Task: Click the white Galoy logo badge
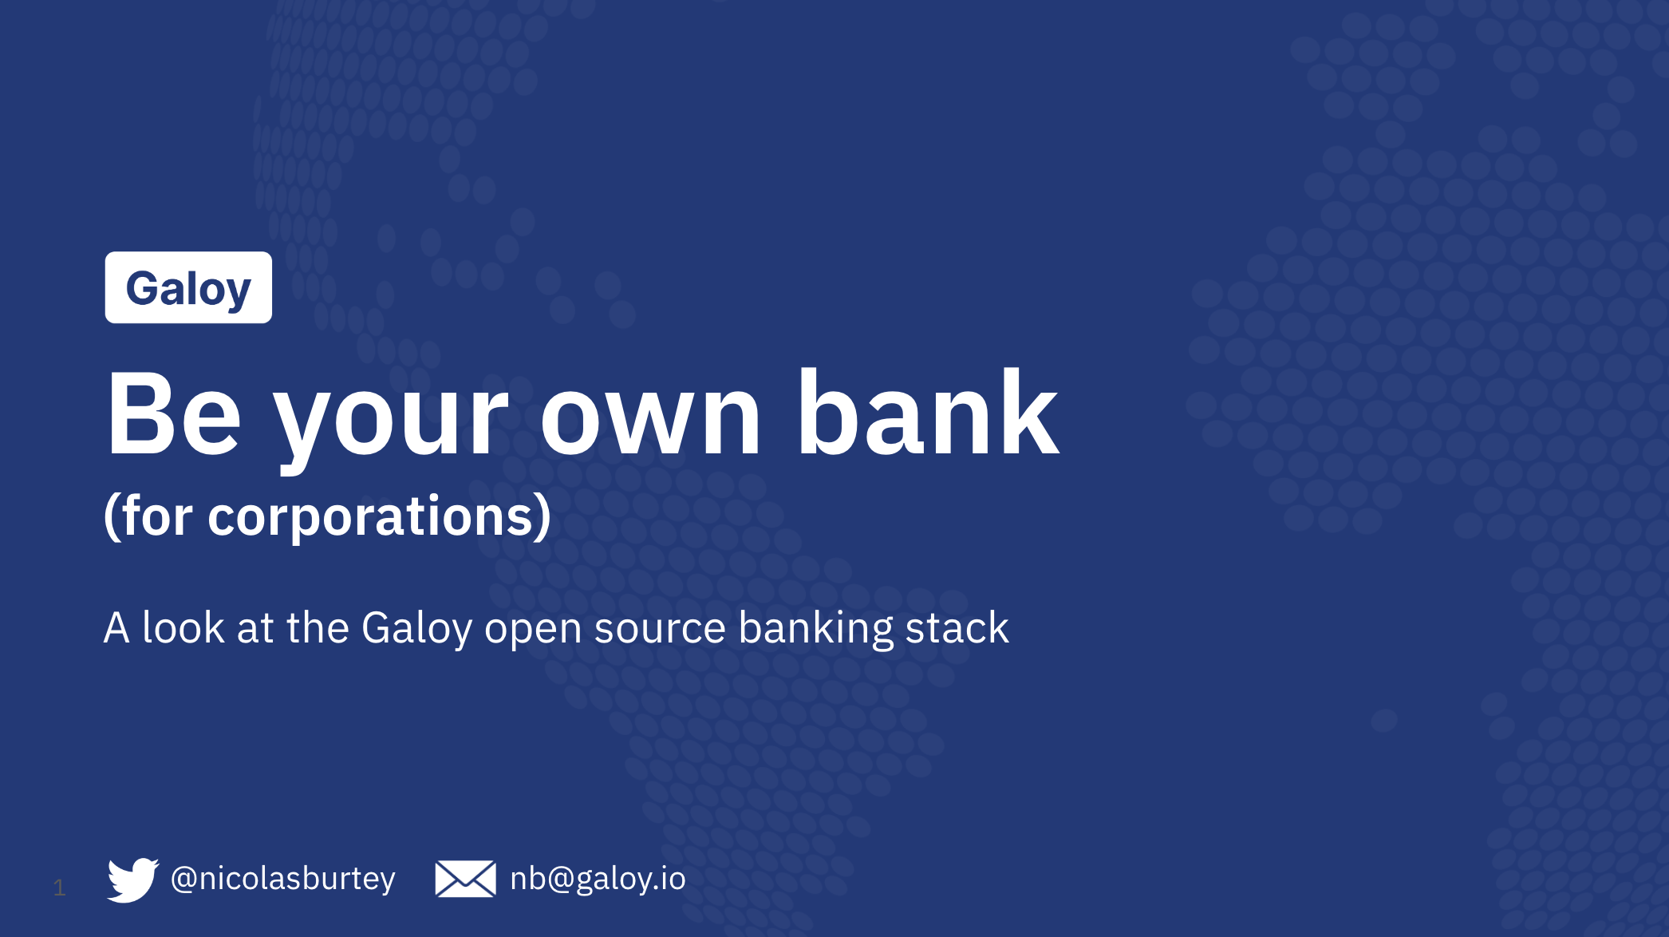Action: (188, 287)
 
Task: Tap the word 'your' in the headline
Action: (391, 423)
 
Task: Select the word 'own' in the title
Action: (650, 423)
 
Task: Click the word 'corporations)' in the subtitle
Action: (380, 517)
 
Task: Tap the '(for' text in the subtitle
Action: (148, 516)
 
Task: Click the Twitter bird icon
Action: (133, 880)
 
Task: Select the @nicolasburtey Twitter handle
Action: (283, 880)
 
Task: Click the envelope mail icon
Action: (465, 879)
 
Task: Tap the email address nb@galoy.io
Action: (598, 880)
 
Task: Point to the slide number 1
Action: (59, 888)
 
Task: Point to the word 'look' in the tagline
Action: (183, 627)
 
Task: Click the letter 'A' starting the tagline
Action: (116, 627)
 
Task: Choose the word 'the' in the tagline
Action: (318, 627)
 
